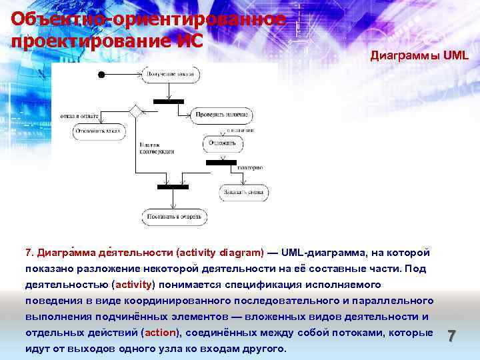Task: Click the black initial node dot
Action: click(101, 73)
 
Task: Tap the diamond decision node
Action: click(137, 111)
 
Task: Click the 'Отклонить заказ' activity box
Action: click(99, 132)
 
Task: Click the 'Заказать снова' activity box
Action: click(245, 193)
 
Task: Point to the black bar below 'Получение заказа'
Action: click(168, 101)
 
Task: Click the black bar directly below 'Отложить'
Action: click(221, 162)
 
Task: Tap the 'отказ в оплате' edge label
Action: click(79, 116)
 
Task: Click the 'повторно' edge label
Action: click(250, 167)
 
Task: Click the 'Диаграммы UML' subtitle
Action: click(419, 56)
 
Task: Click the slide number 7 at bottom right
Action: click(451, 336)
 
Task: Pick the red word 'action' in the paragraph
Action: click(159, 333)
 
